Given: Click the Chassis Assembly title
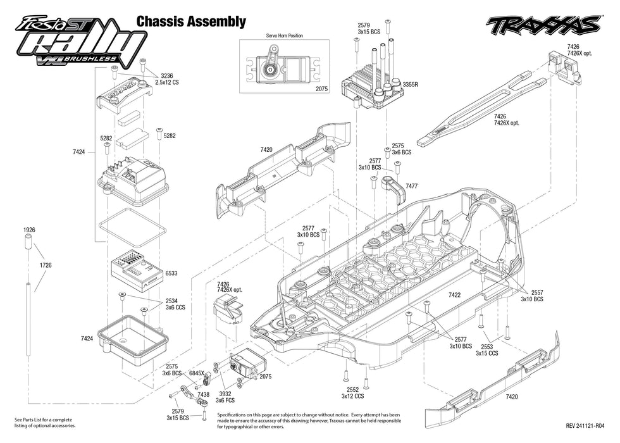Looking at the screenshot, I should pos(191,22).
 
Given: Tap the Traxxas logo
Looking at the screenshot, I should pos(543,25).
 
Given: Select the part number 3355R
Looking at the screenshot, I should pos(410,84).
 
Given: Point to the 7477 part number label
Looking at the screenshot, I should pos(411,186).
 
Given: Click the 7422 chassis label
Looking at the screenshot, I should pos(454,295).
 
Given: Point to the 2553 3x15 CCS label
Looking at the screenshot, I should pos(487,351).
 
